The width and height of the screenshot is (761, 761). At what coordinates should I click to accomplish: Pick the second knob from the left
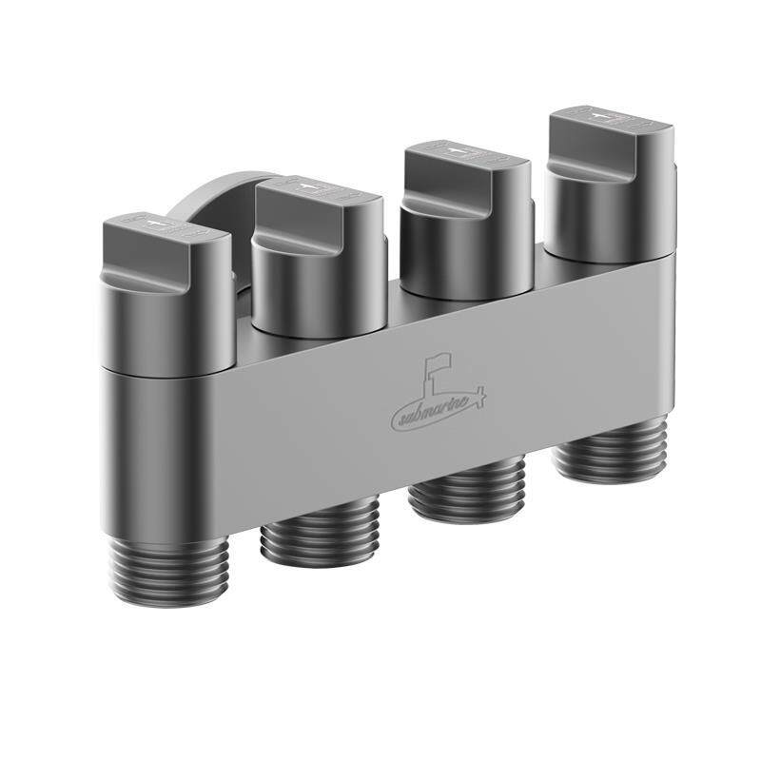[x=319, y=256]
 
